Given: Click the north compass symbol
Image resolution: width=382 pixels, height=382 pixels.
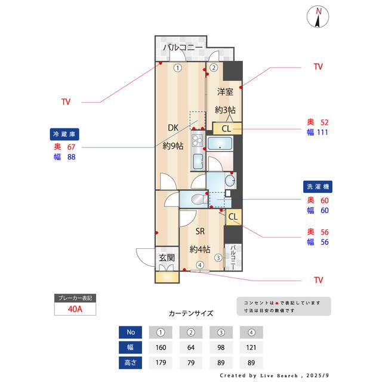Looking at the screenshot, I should (319, 17).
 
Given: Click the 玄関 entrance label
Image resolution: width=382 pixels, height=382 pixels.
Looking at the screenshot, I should (167, 258).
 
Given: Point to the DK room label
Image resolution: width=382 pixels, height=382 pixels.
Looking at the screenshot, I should (172, 127).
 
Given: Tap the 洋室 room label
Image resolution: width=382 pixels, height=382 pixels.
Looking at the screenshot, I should (225, 92).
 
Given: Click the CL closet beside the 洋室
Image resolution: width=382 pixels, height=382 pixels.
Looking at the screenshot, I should (227, 128).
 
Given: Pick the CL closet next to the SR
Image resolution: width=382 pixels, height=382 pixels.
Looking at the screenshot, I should (233, 217).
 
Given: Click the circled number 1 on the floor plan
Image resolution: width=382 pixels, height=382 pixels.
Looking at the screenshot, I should (177, 68).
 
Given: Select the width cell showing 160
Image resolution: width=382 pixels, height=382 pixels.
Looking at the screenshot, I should (161, 347).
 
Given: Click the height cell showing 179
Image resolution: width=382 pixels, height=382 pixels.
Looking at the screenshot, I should (161, 361).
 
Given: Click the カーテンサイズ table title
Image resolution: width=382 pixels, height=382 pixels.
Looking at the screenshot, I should (191, 313).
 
